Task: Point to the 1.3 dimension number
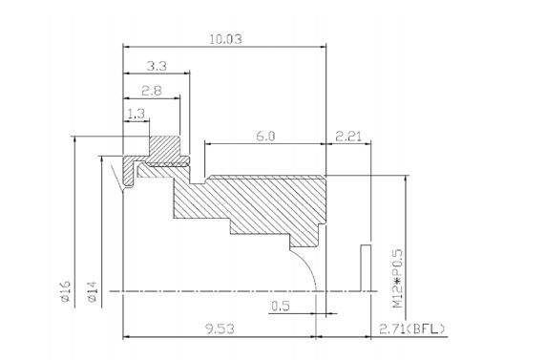[x=136, y=115]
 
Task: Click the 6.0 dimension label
[x=264, y=137]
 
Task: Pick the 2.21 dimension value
[x=347, y=137]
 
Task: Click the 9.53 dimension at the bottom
[x=220, y=329]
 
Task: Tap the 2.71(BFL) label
[x=407, y=329]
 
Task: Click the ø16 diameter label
[x=65, y=290]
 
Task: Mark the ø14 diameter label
[x=92, y=290]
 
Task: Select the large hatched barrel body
[x=258, y=201]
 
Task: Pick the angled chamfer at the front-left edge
[x=122, y=178]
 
